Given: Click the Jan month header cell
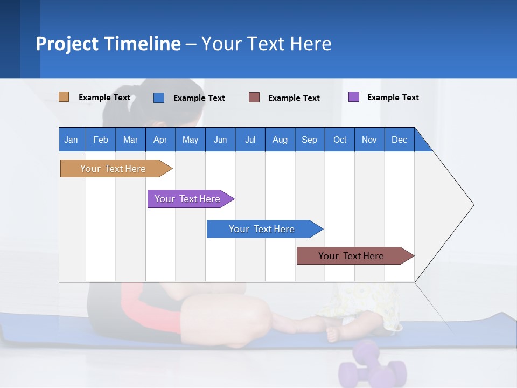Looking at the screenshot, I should click(x=72, y=140).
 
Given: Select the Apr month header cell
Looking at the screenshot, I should click(x=160, y=140).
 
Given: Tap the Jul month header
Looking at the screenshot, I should click(x=250, y=140).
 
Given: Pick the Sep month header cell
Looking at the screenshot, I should click(x=310, y=140).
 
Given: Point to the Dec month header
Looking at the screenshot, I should click(x=399, y=140).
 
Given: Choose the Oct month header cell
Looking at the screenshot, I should click(x=340, y=140).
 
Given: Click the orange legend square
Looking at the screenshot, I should click(x=64, y=97).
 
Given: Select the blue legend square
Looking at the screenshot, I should click(x=159, y=98).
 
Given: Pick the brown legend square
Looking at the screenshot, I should click(x=254, y=98).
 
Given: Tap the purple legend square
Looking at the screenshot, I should click(x=354, y=97).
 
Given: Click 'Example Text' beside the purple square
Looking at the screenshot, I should click(x=393, y=98).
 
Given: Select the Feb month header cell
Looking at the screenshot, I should click(x=101, y=140).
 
